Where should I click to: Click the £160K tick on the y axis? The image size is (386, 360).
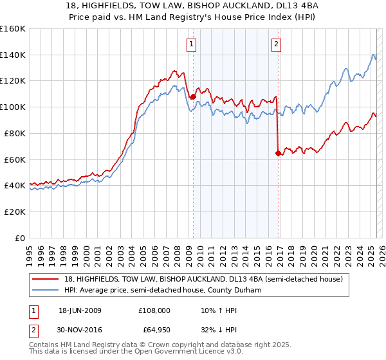point(12,29)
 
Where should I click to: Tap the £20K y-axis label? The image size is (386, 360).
point(14,212)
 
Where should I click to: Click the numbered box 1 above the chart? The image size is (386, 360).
point(192,44)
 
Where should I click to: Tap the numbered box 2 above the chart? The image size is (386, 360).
point(276,44)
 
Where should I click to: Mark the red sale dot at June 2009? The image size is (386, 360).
point(193,96)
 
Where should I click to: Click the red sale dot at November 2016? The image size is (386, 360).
point(278,153)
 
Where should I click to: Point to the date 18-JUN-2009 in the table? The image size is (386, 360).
point(80,310)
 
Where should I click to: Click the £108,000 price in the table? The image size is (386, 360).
point(154,310)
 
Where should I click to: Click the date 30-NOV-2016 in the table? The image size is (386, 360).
point(80,330)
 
